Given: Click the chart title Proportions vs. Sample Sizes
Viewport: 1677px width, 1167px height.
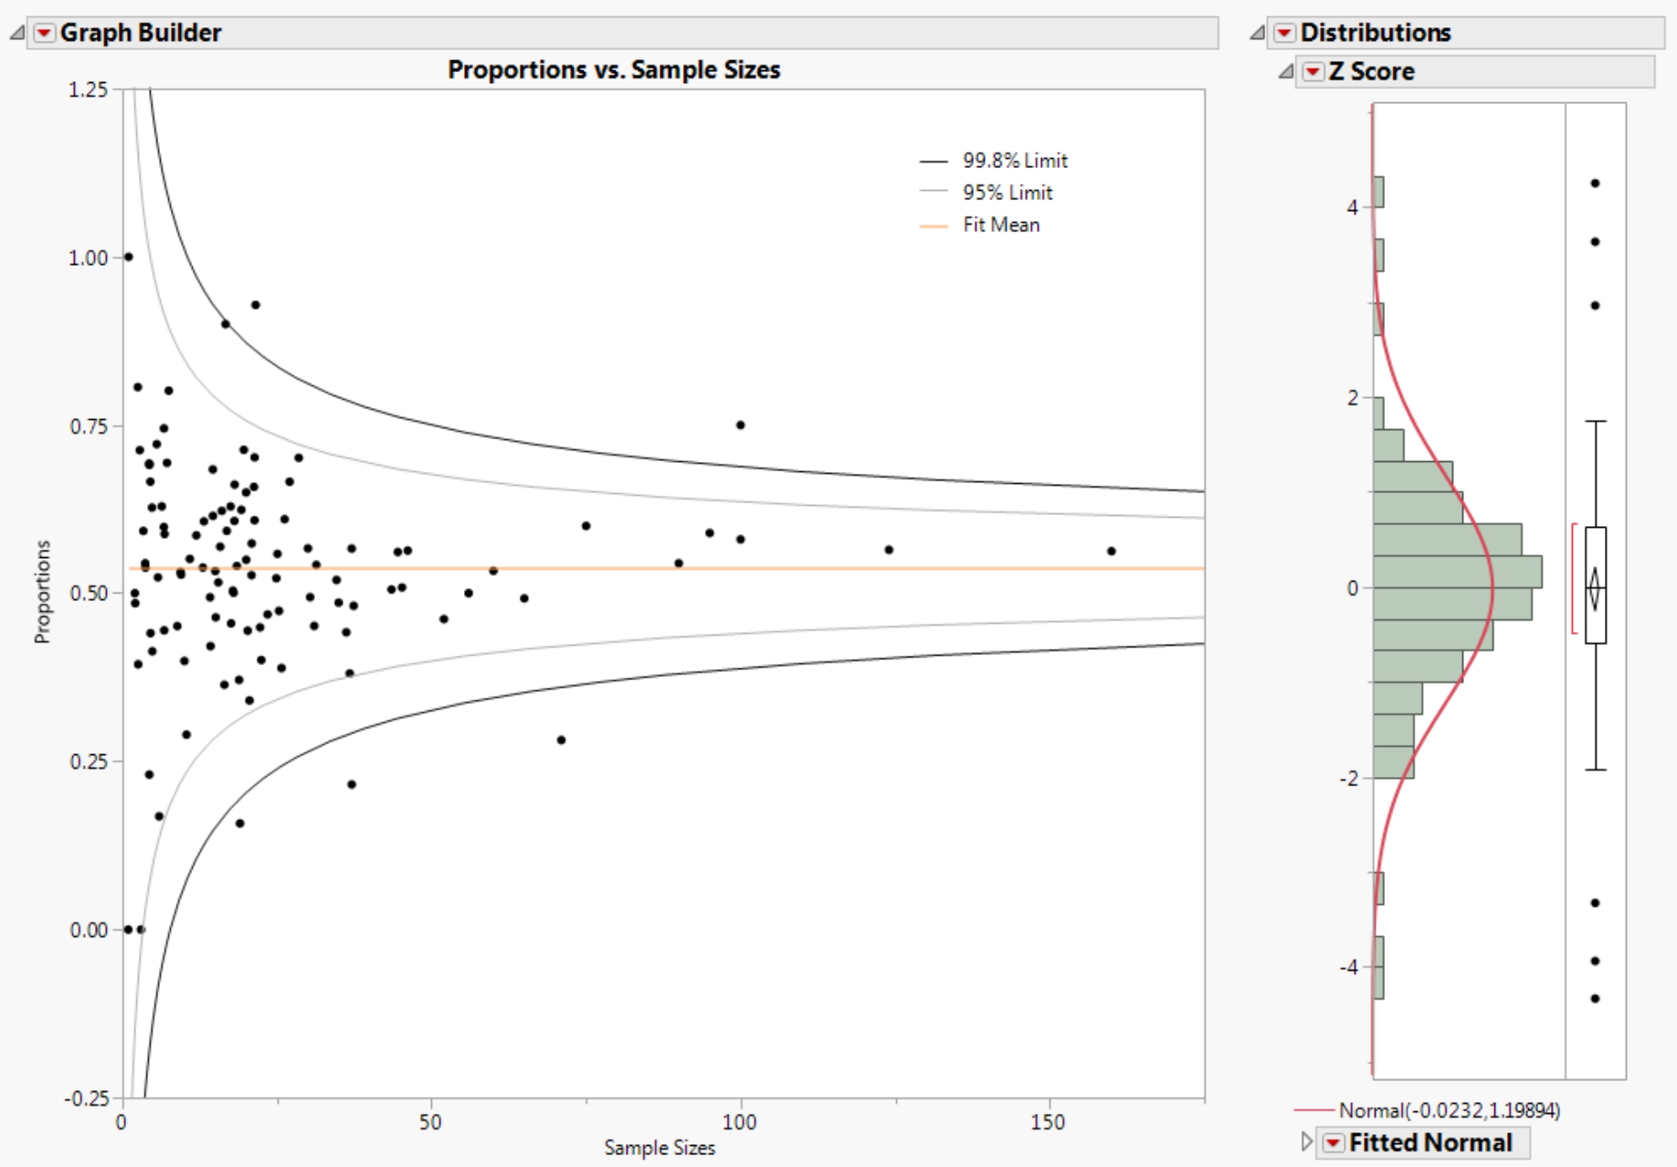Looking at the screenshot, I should [x=614, y=70].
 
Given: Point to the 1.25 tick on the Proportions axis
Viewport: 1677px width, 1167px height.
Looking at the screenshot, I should [x=88, y=89].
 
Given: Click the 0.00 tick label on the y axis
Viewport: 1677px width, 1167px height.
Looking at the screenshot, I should [x=88, y=930].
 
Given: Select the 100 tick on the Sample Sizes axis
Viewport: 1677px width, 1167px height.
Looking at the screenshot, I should [x=739, y=1121].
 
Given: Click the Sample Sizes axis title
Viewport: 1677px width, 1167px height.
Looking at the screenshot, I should [x=659, y=1148].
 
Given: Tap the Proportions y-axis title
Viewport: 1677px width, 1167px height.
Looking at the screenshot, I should [x=42, y=592].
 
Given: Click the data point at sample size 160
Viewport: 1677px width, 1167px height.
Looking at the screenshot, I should [x=1112, y=552].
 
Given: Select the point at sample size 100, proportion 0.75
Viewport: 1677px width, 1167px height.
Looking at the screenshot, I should [x=741, y=425].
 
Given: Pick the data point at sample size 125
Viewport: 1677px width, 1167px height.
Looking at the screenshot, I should [x=889, y=550].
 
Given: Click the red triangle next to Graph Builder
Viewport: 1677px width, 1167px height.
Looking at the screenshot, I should [x=44, y=33].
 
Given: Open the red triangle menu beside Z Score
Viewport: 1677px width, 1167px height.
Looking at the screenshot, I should [x=1313, y=71].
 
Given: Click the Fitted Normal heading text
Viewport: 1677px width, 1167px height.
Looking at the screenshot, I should [x=1430, y=1142].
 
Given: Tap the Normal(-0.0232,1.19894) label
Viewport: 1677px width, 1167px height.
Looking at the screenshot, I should [x=1449, y=1110].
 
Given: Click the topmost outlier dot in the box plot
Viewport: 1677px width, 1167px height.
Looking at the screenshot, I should [x=1595, y=184].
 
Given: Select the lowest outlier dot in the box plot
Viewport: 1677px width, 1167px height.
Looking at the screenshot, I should [x=1595, y=998].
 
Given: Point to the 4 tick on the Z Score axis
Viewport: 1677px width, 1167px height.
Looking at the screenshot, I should [x=1352, y=207].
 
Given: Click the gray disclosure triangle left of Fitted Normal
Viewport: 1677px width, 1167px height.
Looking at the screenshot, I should [x=1306, y=1141].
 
